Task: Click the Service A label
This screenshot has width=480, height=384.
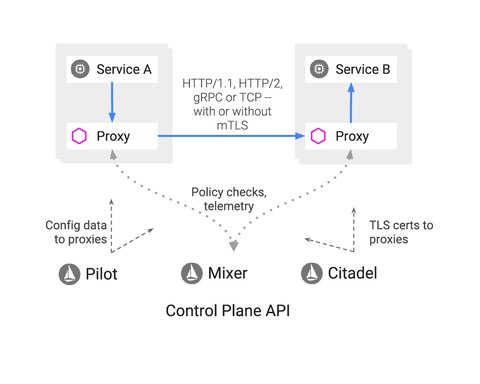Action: [124, 70]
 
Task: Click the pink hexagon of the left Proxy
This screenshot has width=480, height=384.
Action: [81, 135]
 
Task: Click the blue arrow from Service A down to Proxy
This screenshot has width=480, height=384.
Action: [110, 101]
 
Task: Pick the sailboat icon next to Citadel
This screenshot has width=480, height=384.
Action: [315, 272]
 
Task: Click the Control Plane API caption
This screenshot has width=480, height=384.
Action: [234, 312]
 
